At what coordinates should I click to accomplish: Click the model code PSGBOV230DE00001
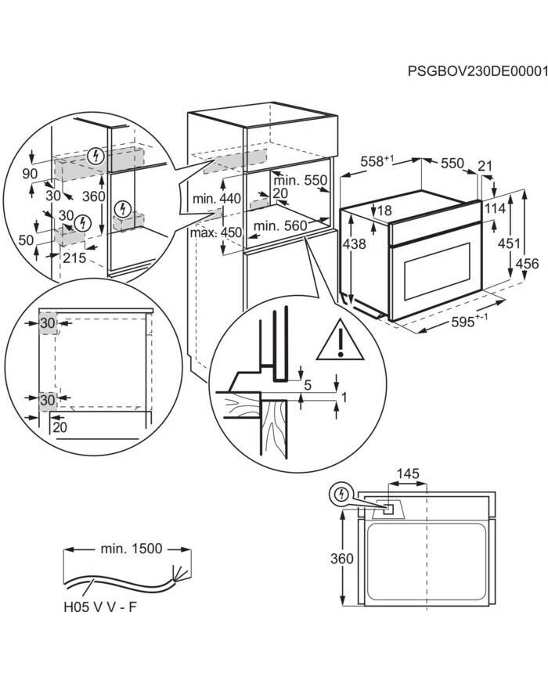point(476,71)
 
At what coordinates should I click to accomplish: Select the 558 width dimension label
point(376,160)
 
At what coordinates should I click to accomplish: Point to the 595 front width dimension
point(470,322)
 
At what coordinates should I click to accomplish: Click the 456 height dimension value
point(528,264)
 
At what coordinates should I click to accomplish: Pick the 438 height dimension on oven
point(354,244)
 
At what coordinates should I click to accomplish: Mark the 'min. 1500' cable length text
point(131,549)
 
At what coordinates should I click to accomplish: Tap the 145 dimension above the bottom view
point(408,473)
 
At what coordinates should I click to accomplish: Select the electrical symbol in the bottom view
point(341,495)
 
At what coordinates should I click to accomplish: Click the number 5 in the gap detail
point(308,385)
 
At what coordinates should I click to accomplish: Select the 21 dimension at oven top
point(485,166)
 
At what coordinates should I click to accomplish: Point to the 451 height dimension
point(509,244)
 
